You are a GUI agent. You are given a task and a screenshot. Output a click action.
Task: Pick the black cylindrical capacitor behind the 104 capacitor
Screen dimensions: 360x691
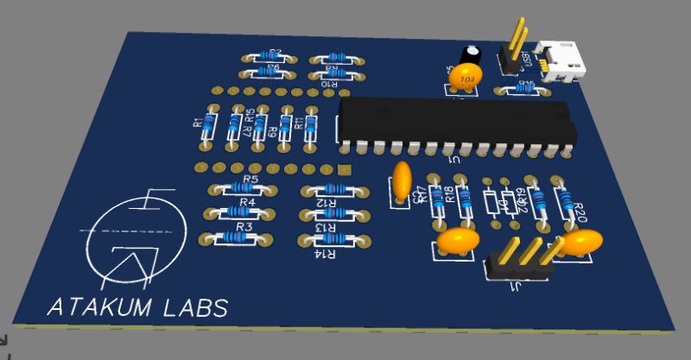pyautogui.click(x=472, y=54)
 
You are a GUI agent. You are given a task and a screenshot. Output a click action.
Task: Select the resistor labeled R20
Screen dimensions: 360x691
pyautogui.click(x=566, y=204)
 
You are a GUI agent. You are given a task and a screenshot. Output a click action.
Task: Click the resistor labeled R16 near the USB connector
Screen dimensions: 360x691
pyautogui.click(x=521, y=88)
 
